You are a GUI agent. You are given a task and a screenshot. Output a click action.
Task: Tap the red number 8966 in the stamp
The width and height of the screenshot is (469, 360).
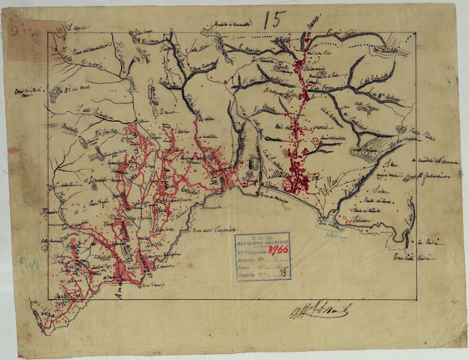pos(276,249)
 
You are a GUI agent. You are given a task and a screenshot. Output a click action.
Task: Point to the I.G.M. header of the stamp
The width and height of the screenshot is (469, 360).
pos(261,236)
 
